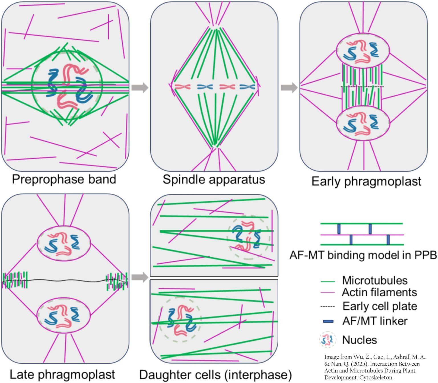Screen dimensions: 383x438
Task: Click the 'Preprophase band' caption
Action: (64, 180)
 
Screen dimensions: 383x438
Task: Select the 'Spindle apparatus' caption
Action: (214, 180)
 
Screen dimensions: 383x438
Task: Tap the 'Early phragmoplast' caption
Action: (366, 182)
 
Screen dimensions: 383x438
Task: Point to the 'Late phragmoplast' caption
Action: (62, 374)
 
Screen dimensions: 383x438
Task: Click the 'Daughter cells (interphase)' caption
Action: (215, 374)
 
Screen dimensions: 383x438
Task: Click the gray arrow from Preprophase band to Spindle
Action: (140, 87)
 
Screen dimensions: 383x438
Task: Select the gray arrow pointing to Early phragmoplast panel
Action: (289, 87)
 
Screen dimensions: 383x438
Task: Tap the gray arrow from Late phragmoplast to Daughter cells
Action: (140, 277)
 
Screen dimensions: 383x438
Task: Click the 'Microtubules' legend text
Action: (374, 280)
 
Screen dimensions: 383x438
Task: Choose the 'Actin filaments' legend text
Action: (379, 292)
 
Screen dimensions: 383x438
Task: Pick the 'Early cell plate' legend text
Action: (380, 306)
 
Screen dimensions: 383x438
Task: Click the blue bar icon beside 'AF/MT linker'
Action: (328, 321)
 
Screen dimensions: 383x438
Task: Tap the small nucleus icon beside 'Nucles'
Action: (328, 340)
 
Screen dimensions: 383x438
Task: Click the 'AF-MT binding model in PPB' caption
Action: (363, 255)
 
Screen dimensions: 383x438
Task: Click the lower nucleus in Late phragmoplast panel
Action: (64, 316)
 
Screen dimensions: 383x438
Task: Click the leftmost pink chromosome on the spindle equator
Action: (182, 87)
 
